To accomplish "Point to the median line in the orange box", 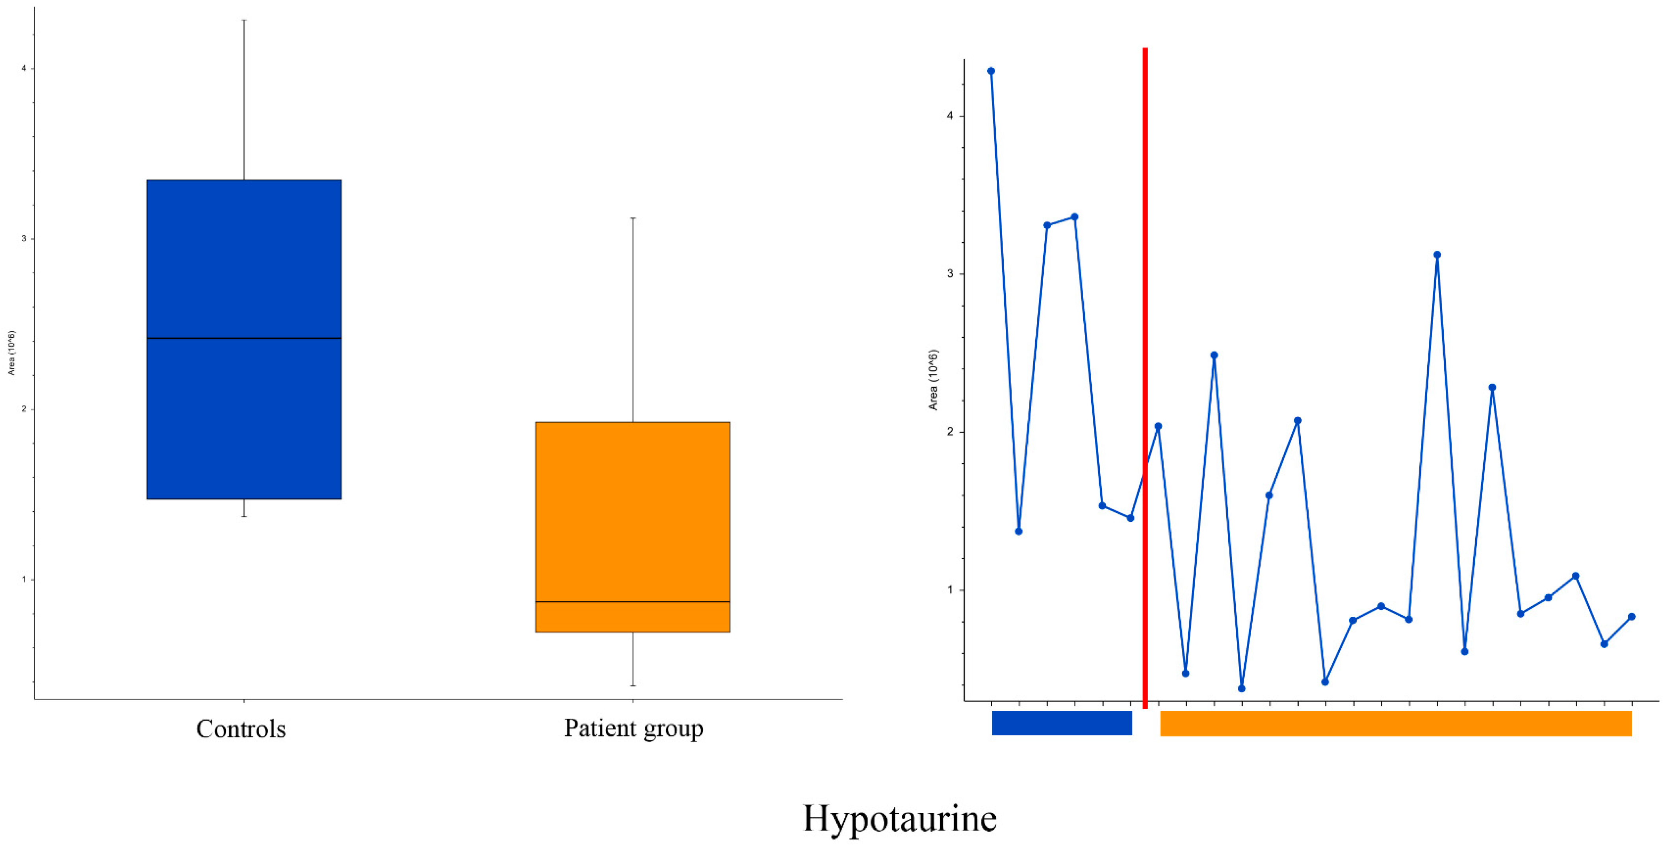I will pos(633,602).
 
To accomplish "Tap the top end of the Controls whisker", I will pos(244,20).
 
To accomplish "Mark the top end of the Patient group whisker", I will pos(633,218).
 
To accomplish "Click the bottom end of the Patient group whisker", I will pos(633,685).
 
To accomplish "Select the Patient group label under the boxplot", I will pos(633,728).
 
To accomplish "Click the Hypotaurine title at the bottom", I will pos(899,818).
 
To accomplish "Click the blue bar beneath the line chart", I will pos(1062,723).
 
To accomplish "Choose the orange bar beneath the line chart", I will pos(1396,723).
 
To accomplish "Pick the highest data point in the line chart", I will pos(991,71).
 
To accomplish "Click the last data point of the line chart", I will pos(1631,617).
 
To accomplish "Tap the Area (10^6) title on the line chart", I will pos(933,380).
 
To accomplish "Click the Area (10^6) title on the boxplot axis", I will pos(11,353).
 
